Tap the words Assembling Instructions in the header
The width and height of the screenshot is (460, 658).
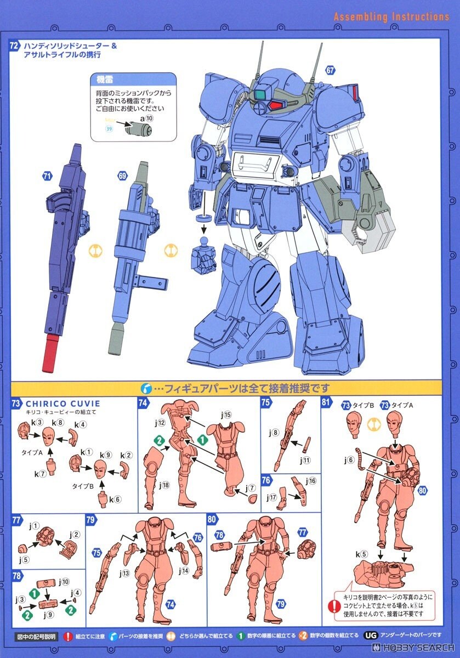pyautogui.click(x=391, y=17)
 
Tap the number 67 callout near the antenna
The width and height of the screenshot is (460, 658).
pyautogui.click(x=330, y=70)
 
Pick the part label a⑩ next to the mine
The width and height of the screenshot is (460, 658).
pyautogui.click(x=146, y=118)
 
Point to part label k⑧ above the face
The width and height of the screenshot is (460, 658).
pyautogui.click(x=58, y=423)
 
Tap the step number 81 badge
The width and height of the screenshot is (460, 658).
pyautogui.click(x=326, y=403)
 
